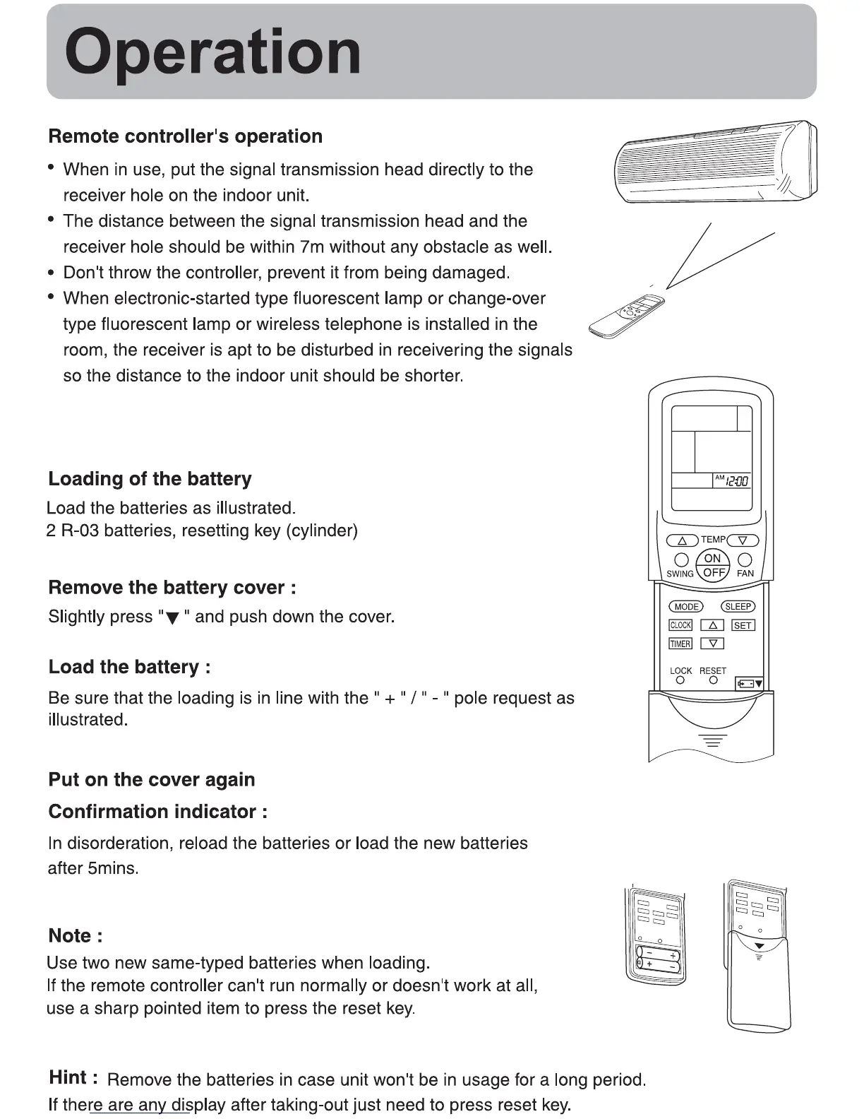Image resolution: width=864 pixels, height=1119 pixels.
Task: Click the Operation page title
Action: click(212, 52)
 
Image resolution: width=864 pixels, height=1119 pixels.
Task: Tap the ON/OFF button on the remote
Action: click(713, 565)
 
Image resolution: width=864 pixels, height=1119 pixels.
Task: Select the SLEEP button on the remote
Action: click(738, 606)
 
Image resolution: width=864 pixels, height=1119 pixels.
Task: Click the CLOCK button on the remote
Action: click(680, 625)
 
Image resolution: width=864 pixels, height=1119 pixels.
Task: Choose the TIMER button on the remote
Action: click(680, 644)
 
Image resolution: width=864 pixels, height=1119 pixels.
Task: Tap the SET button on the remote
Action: click(743, 625)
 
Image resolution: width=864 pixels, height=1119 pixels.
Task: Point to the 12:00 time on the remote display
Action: click(737, 481)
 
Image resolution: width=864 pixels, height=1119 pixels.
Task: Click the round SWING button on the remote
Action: click(681, 560)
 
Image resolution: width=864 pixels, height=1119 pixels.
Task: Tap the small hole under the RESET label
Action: click(713, 680)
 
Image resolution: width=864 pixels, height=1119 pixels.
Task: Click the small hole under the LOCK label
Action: click(680, 680)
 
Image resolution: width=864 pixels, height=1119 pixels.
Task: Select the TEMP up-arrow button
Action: click(682, 540)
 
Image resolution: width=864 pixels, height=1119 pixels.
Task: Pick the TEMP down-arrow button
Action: click(743, 540)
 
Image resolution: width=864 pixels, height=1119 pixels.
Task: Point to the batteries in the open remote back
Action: click(657, 959)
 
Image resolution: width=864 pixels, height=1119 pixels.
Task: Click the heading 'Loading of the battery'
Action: click(150, 479)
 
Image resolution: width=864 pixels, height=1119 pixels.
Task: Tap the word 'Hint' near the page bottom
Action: click(69, 1077)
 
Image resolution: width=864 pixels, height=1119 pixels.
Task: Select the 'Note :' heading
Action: click(75, 936)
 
